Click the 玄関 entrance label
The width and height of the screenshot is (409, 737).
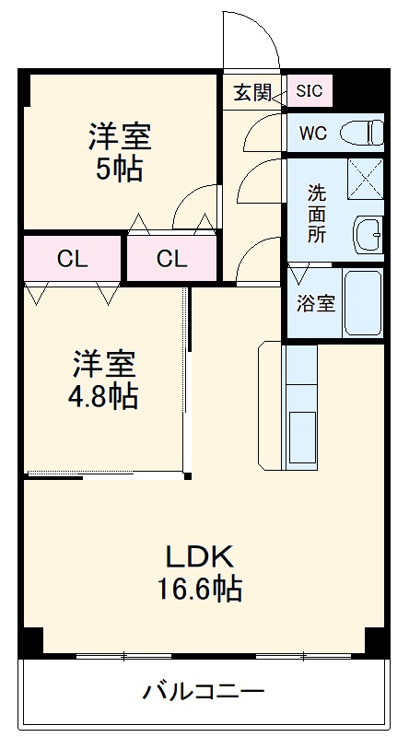[252, 91]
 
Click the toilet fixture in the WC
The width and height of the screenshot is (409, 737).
[363, 133]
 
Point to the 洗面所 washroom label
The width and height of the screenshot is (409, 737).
[316, 214]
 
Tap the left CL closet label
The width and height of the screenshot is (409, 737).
[73, 259]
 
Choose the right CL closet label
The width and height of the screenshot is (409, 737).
[171, 259]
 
